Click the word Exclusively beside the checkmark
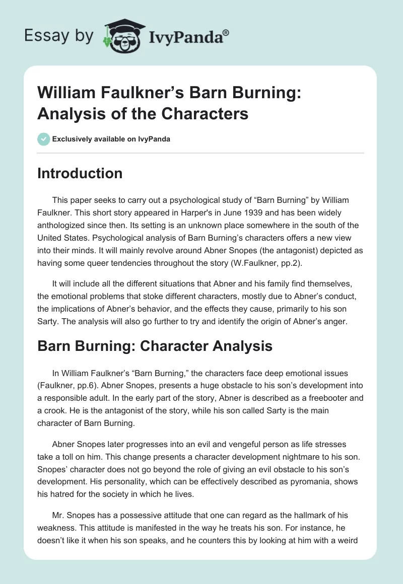(70, 139)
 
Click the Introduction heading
(80, 173)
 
